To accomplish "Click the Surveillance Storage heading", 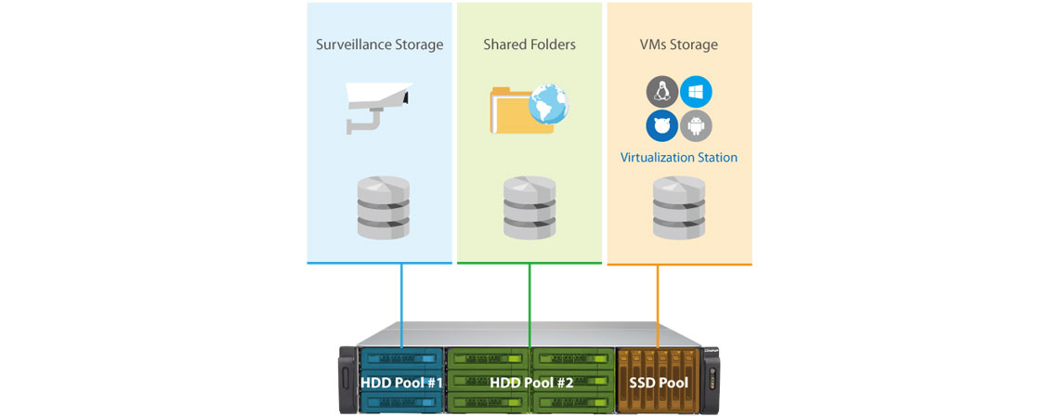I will tap(379, 45).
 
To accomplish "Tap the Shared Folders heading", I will tap(529, 45).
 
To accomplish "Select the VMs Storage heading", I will tap(678, 45).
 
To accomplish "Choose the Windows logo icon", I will tap(696, 92).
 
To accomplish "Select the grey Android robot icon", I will tap(696, 125).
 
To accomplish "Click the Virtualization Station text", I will tap(678, 158).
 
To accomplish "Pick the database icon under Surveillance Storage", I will tap(383, 206).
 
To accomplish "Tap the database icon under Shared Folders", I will tap(529, 206).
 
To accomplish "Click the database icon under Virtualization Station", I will tap(678, 206).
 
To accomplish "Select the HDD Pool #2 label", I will tap(530, 382).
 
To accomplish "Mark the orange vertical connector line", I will tap(658, 297).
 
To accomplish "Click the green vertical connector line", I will tap(529, 297).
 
